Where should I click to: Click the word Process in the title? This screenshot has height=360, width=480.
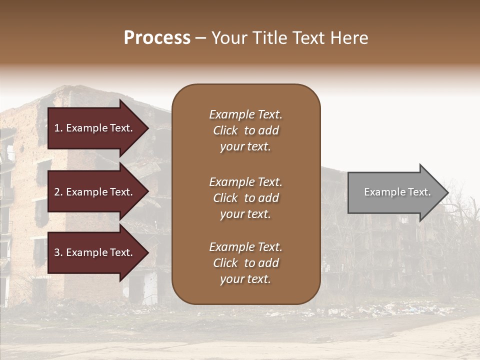click(157, 38)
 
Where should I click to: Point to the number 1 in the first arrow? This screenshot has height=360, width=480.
click(56, 128)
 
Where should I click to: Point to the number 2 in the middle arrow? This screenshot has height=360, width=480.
click(57, 192)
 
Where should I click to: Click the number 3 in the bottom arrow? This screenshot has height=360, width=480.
click(57, 252)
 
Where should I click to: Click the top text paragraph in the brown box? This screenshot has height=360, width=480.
click(245, 130)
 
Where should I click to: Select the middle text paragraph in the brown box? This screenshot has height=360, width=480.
click(245, 198)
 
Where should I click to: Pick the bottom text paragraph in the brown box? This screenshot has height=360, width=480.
click(245, 263)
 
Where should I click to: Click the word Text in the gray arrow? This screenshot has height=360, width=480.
click(419, 192)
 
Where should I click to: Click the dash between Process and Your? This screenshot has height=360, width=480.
click(200, 38)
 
